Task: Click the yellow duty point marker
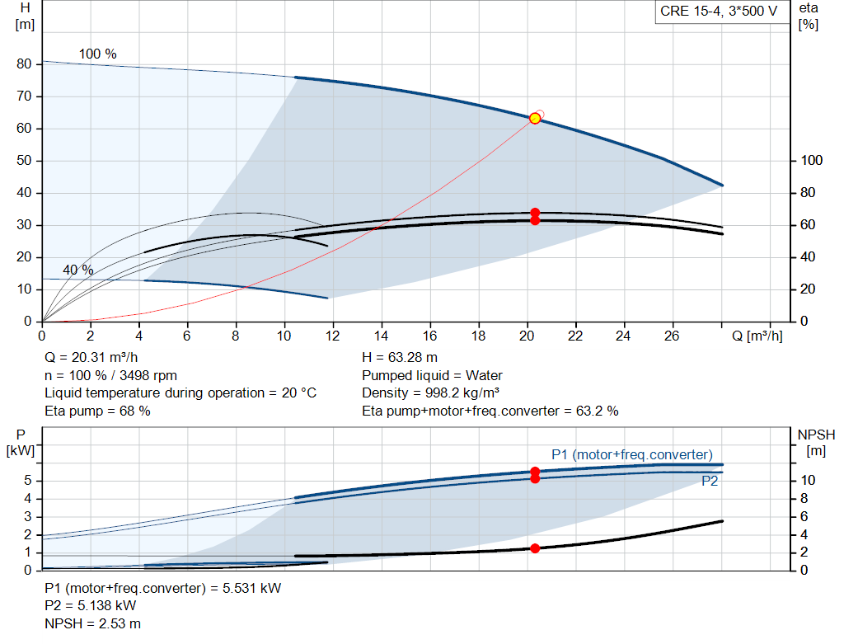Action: click(x=534, y=119)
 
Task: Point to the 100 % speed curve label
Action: click(x=97, y=54)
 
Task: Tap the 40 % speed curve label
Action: click(x=78, y=270)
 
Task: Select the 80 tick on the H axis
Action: click(x=24, y=64)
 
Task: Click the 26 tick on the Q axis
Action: click(x=673, y=336)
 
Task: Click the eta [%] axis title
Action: click(x=808, y=16)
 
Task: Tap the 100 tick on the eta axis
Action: click(x=811, y=161)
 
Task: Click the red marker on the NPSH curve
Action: click(x=535, y=548)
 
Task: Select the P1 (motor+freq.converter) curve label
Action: click(x=631, y=454)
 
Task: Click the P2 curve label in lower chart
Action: click(x=710, y=482)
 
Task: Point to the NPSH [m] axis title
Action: click(x=816, y=442)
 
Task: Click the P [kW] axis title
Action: click(x=21, y=442)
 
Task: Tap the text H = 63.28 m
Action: click(x=401, y=358)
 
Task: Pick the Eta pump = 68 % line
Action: click(x=97, y=410)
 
